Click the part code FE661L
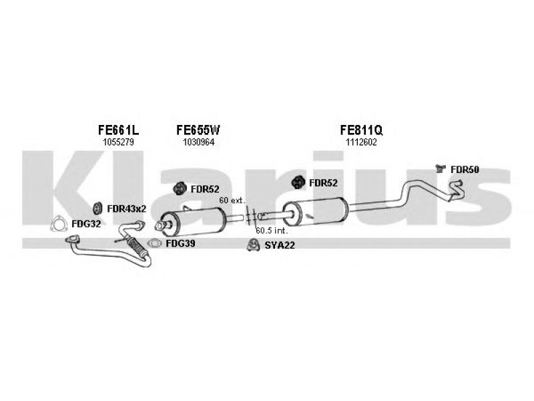118,130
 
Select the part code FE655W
198,130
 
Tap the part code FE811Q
361,130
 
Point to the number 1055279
119,142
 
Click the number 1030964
198,142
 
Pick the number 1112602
361,142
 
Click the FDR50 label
465,170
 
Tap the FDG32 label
86,224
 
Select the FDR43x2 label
126,209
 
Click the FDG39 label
180,243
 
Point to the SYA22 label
280,245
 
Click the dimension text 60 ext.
232,200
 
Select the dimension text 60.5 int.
272,231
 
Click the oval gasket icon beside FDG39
155,243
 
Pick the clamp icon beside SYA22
254,245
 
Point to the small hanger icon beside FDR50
441,168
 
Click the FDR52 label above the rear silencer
323,183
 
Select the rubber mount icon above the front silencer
179,188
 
